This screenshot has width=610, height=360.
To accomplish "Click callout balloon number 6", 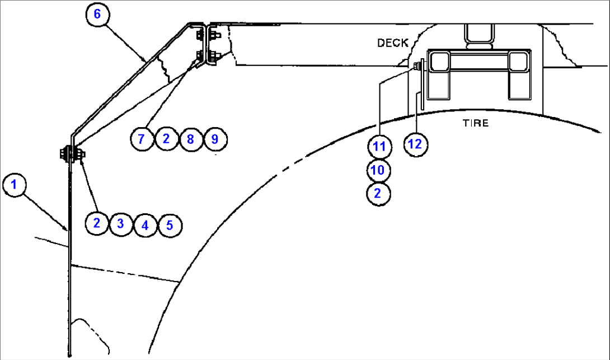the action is pyautogui.click(x=97, y=15).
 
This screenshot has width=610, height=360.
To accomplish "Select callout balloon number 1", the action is pyautogui.click(x=15, y=184).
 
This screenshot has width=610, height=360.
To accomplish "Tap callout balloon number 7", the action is pyautogui.click(x=142, y=139).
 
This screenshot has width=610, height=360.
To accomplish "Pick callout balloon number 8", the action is pyautogui.click(x=191, y=139).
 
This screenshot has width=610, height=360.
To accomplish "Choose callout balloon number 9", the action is pyautogui.click(x=215, y=139).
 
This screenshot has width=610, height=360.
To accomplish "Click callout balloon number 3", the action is pyautogui.click(x=121, y=224).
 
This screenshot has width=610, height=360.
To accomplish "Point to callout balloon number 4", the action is pyautogui.click(x=146, y=225).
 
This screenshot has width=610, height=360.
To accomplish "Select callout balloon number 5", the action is pyautogui.click(x=170, y=225).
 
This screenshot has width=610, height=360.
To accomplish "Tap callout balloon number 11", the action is pyautogui.click(x=379, y=146).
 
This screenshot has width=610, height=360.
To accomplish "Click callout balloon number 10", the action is pyautogui.click(x=378, y=170).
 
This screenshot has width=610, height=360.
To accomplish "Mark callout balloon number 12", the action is pyautogui.click(x=416, y=144).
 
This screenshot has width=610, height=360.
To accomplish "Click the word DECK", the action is pyautogui.click(x=392, y=43).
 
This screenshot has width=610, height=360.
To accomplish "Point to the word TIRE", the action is pyautogui.click(x=475, y=123).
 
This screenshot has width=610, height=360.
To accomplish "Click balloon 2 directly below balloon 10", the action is pyautogui.click(x=378, y=193).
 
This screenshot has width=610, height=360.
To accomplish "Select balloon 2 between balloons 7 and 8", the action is pyautogui.click(x=167, y=139).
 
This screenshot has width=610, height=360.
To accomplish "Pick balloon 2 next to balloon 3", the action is pyautogui.click(x=97, y=223).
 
